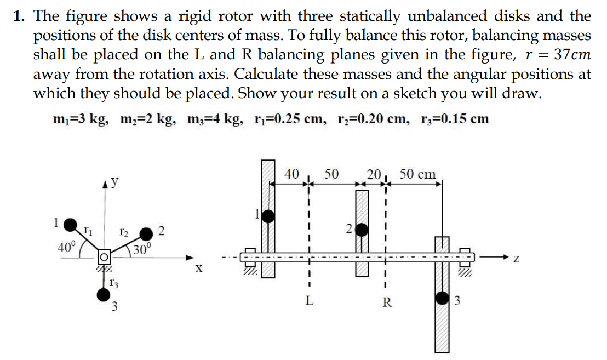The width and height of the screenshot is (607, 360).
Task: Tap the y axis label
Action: tap(115, 181)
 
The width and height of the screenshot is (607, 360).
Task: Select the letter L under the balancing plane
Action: tap(310, 301)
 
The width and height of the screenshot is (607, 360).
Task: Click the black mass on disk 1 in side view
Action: tap(267, 215)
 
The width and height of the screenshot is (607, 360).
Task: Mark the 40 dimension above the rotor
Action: tap(292, 174)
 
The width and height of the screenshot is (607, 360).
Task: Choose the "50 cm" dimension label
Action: tap(417, 174)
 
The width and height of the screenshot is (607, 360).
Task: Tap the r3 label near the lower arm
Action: tap(112, 283)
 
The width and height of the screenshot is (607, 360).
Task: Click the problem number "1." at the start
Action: tap(21, 16)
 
